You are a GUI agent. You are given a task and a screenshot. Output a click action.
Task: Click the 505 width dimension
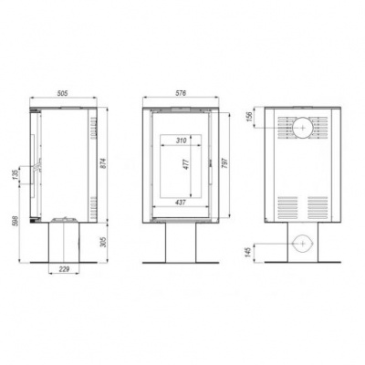[62, 93]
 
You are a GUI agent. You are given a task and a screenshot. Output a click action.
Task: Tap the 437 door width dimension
[182, 203]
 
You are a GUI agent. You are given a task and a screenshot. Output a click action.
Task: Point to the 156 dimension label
[248, 119]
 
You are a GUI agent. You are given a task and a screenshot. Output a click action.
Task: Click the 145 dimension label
[248, 249]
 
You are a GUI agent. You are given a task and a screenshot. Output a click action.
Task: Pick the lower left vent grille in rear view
[286, 203]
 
